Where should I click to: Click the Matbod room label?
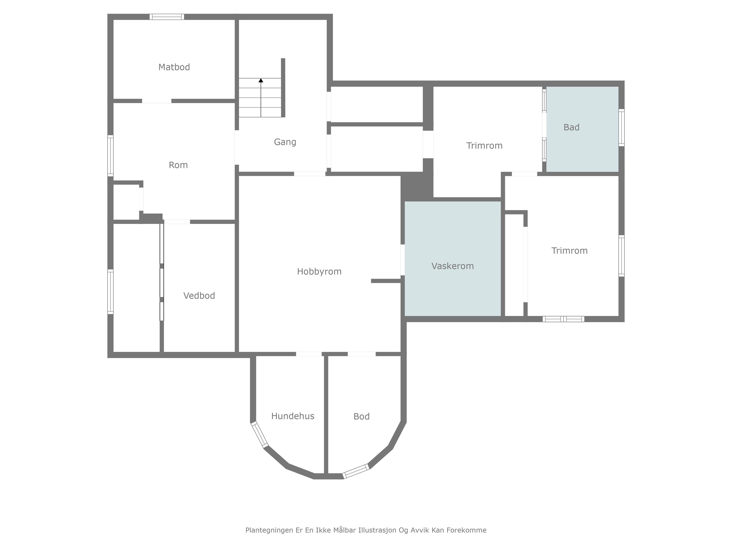[174, 67]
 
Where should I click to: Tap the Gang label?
[285, 142]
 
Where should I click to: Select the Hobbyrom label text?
[319, 272]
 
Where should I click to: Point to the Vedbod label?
[199, 295]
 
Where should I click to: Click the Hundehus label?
[293, 416]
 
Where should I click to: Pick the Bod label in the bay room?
[361, 416]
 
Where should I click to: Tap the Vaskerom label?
[452, 266]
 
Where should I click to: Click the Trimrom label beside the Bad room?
[484, 146]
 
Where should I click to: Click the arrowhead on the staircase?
[261, 80]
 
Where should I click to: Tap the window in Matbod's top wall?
[167, 17]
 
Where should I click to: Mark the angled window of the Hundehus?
[259, 434]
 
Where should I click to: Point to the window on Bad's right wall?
[621, 127]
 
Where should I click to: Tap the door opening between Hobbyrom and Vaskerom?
[403, 260]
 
